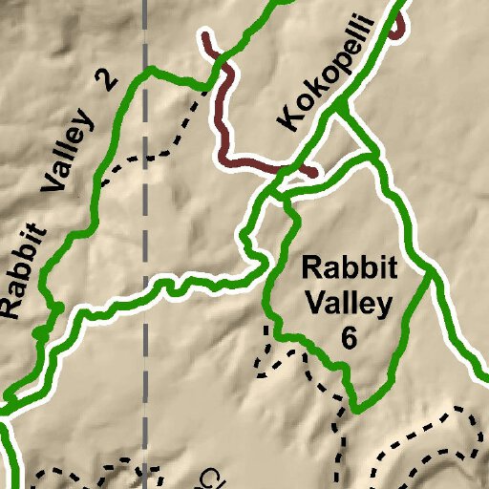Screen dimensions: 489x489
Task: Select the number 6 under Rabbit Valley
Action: coord(349,338)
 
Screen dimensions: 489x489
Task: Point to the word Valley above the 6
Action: coord(349,303)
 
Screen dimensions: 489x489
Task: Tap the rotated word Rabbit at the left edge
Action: coord(22,269)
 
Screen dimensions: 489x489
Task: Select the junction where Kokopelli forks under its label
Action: coord(336,113)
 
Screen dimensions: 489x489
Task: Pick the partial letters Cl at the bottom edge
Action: coord(212,478)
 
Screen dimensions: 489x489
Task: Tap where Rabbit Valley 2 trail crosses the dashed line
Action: coord(145,73)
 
